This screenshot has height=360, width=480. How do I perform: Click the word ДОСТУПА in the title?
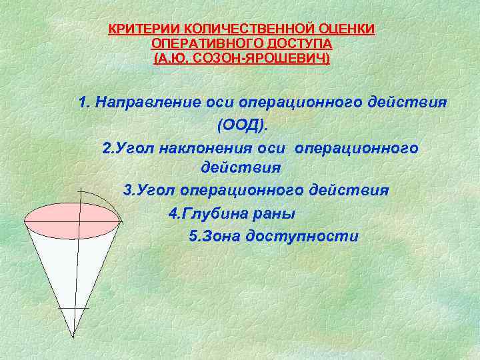[x=297, y=44]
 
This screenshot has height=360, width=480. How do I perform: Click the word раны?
[x=273, y=213]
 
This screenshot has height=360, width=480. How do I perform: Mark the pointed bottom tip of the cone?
[x=73, y=335]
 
